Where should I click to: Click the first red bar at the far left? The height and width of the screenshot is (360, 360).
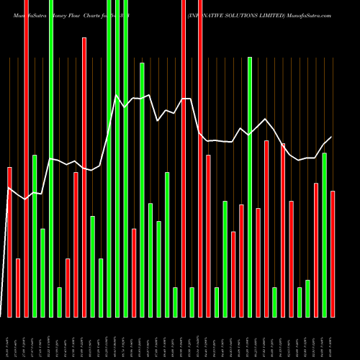tap(9, 241)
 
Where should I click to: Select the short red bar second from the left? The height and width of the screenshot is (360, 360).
tap(18, 287)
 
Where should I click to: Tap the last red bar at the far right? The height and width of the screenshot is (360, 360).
tap(333, 253)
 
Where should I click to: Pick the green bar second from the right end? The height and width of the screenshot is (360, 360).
tap(324, 234)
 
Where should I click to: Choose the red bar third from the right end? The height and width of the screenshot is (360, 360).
tap(316, 250)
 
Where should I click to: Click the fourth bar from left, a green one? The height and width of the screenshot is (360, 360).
tap(35, 235)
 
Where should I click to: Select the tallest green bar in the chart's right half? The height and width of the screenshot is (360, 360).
tap(250, 187)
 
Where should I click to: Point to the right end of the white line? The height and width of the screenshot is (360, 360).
tap(332, 137)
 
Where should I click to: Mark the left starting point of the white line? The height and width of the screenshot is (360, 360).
tap(9, 188)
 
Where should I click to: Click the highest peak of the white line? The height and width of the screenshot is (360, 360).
tap(117, 95)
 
